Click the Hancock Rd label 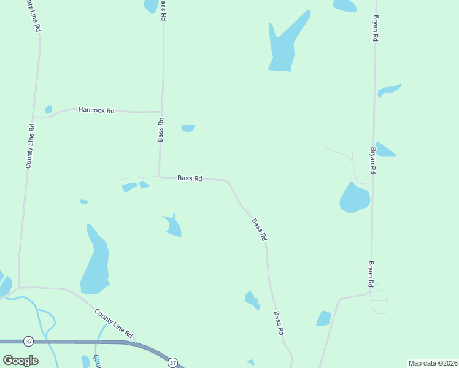[96, 110]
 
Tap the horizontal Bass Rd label [190, 178]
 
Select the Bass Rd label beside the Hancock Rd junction [161, 129]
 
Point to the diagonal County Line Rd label [114, 323]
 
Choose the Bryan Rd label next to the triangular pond [372, 159]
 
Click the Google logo [20, 360]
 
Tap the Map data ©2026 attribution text [433, 363]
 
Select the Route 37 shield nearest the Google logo [28, 341]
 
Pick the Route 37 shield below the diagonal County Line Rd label [172, 362]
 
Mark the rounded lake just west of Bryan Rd [355, 198]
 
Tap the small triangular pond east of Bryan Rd [384, 150]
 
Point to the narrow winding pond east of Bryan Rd [389, 90]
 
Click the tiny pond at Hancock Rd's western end [48, 110]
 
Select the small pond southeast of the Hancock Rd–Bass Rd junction [188, 128]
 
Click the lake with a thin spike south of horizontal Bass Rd [172, 226]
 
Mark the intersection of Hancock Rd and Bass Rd [161, 112]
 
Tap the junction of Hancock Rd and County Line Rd [33, 117]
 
